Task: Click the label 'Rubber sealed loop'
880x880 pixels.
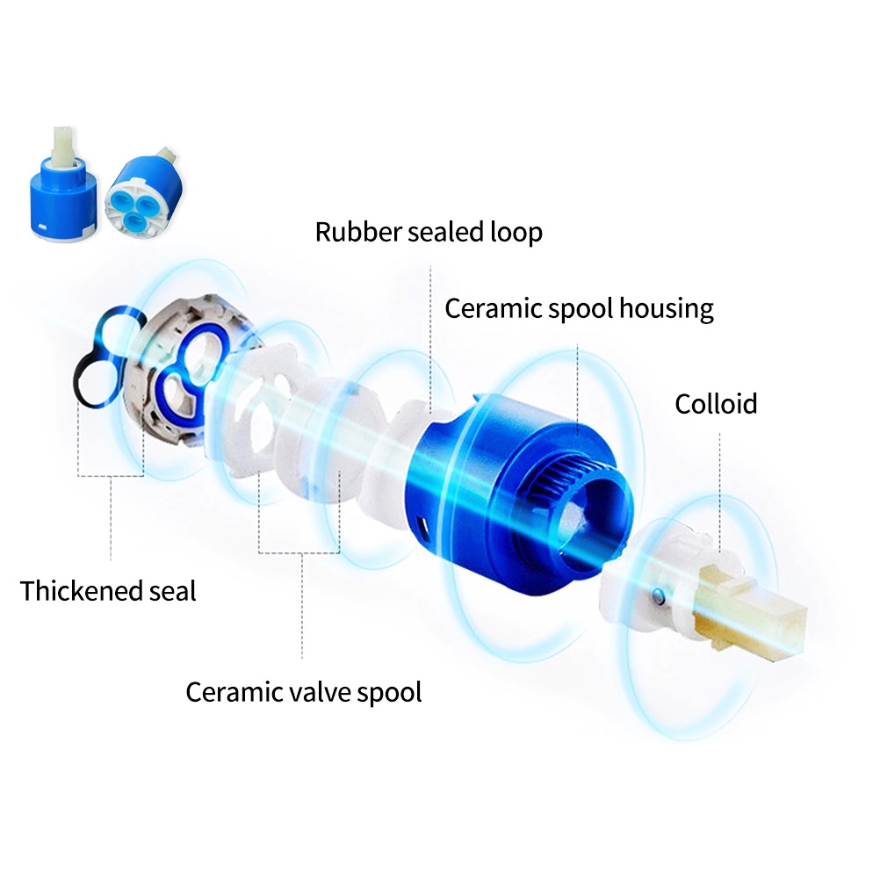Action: point(429,233)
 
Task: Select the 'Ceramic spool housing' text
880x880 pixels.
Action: point(579,308)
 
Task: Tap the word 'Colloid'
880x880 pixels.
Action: point(716,404)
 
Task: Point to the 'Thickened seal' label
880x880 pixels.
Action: point(108,591)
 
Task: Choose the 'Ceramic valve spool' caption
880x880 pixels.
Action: point(304,693)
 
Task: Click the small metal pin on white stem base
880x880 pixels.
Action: point(660,596)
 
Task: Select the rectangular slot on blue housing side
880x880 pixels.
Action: point(423,529)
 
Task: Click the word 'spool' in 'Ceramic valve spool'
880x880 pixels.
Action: point(389,694)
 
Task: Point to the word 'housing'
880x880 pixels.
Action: point(667,308)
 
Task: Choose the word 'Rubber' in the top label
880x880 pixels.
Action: point(358,233)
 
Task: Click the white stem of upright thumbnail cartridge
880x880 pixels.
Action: point(63,147)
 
